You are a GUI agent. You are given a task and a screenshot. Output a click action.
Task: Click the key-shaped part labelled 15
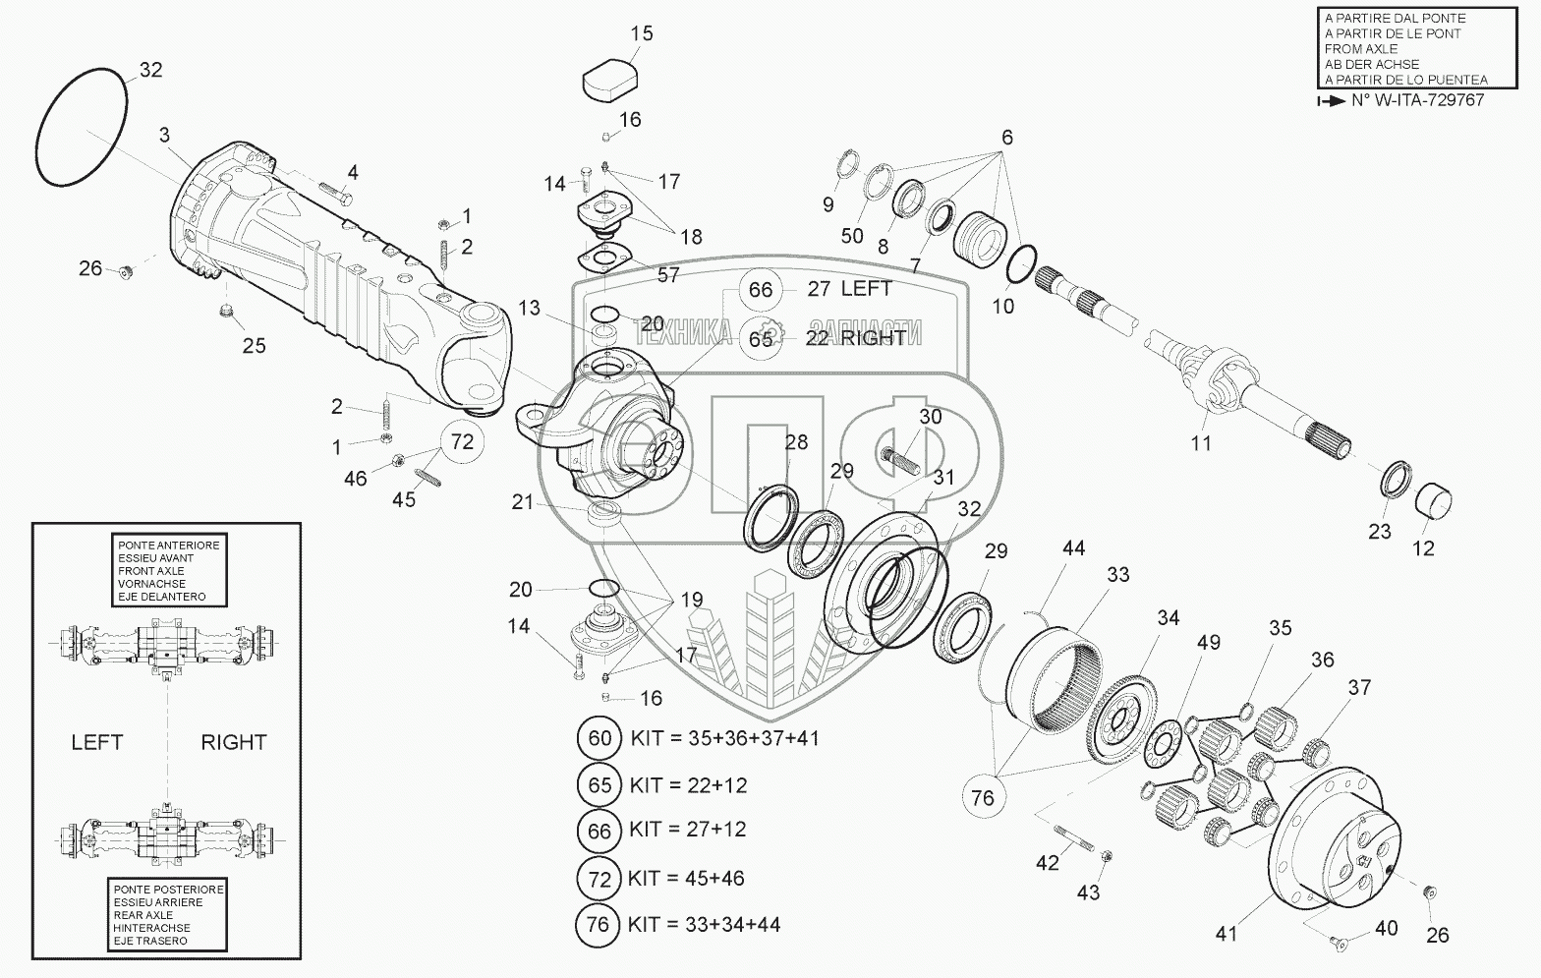pos(609,80)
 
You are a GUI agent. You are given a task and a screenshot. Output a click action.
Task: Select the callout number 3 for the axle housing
pos(164,135)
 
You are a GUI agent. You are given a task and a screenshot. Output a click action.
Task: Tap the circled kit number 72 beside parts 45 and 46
pos(462,441)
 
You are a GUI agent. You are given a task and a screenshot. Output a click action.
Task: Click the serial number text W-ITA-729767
pos(1428,100)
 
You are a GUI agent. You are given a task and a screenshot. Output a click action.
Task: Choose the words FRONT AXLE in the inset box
pos(150,570)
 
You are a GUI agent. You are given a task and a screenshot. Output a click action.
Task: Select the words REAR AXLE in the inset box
pos(143,915)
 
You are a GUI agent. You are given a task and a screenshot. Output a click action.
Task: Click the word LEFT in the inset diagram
pos(97,742)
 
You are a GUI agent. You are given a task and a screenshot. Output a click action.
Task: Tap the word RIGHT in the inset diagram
pos(233,742)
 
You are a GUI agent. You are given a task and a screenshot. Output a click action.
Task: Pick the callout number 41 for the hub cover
pos(1226,933)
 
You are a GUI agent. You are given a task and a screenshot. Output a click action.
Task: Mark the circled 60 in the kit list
pos(599,738)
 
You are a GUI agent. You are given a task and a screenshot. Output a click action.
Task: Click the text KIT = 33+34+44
pos(704,924)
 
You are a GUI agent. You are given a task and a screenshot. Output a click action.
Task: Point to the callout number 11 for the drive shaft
pos(1201,443)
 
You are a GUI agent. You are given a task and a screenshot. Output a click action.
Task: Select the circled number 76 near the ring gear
pos(983,797)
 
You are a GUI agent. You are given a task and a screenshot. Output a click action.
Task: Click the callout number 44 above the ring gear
pos(1073,547)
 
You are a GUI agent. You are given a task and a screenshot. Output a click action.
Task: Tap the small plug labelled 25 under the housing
pos(225,314)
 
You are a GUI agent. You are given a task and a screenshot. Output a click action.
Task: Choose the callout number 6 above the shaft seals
pos(1006,137)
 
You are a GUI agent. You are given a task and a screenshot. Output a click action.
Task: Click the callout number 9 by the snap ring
pos(828,204)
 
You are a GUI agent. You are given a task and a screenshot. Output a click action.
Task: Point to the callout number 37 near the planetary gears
pos(1359,687)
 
